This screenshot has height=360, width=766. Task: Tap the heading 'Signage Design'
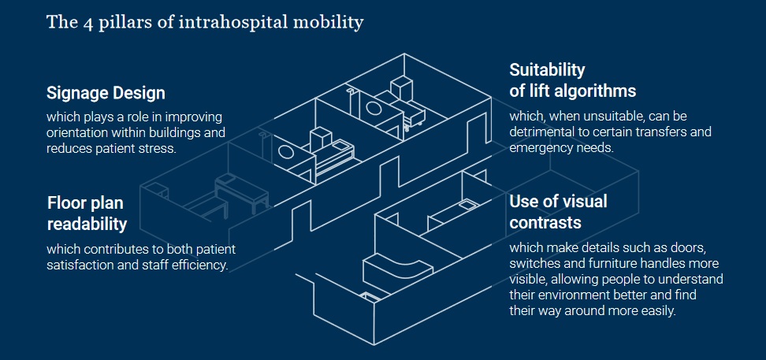[106, 93]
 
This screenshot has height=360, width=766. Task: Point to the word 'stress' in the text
[156, 147]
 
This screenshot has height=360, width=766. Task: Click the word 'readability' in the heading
[87, 224]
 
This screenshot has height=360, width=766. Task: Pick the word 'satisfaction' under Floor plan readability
[80, 265]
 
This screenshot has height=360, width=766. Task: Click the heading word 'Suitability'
[548, 69]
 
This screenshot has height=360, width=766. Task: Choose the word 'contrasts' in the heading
[545, 222]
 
